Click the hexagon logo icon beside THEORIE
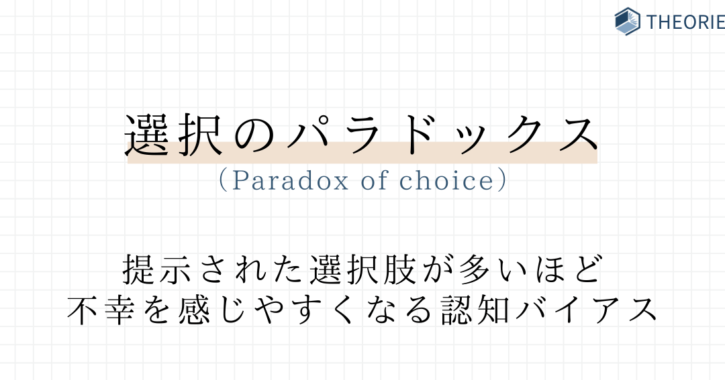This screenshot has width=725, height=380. pos(628,21)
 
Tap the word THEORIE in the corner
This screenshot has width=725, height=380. pos(685,22)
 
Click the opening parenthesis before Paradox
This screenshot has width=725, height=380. pos(223,180)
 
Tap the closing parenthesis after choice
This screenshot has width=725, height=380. pos(502,180)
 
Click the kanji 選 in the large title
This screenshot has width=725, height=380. pos(147,134)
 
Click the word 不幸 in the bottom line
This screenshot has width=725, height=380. pos(101,310)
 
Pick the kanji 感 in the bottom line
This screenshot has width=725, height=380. pos(194,310)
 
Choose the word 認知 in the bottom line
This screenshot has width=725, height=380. pos(475,310)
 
